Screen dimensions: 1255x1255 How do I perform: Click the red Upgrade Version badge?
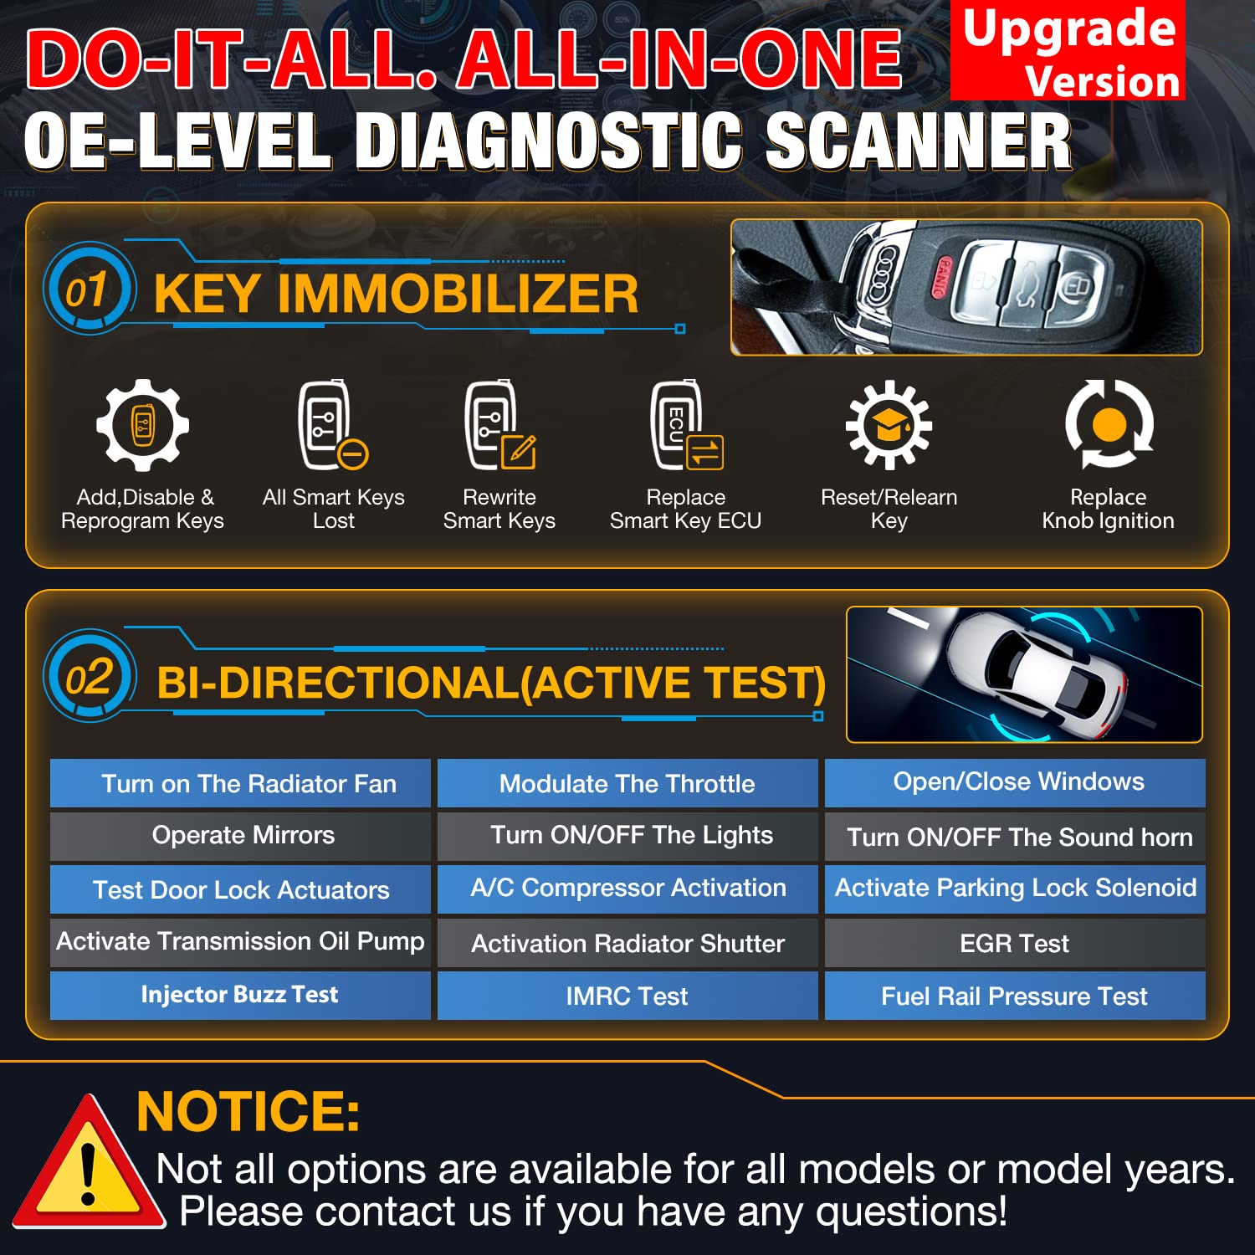(x=1068, y=50)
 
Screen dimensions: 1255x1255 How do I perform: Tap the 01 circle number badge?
(x=87, y=289)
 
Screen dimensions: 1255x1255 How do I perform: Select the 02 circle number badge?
(x=89, y=676)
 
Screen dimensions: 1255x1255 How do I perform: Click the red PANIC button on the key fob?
(x=940, y=277)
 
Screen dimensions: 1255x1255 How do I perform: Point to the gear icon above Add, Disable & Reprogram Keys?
(x=142, y=425)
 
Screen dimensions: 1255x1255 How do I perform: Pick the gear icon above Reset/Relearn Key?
(x=889, y=425)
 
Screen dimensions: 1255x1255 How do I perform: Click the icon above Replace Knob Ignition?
(x=1109, y=423)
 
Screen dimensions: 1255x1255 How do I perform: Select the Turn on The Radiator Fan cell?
(x=240, y=783)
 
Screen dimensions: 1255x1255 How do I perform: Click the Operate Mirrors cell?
(x=240, y=836)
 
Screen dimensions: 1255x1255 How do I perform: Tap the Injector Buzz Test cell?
(x=240, y=995)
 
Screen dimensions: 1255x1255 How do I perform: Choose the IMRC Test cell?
(x=627, y=996)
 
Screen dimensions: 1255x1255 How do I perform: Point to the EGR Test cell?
(x=1015, y=944)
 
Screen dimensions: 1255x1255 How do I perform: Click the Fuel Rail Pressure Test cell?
(x=1015, y=996)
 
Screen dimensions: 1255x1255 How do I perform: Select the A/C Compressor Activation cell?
(x=627, y=889)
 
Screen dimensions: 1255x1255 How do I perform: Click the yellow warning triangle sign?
(x=87, y=1166)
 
